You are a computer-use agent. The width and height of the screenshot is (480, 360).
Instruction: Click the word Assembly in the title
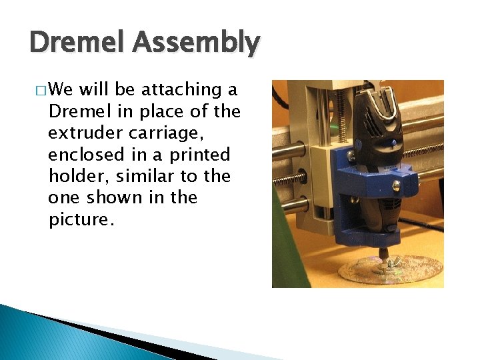point(195,43)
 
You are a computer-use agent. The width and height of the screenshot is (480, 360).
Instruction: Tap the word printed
point(199,155)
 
